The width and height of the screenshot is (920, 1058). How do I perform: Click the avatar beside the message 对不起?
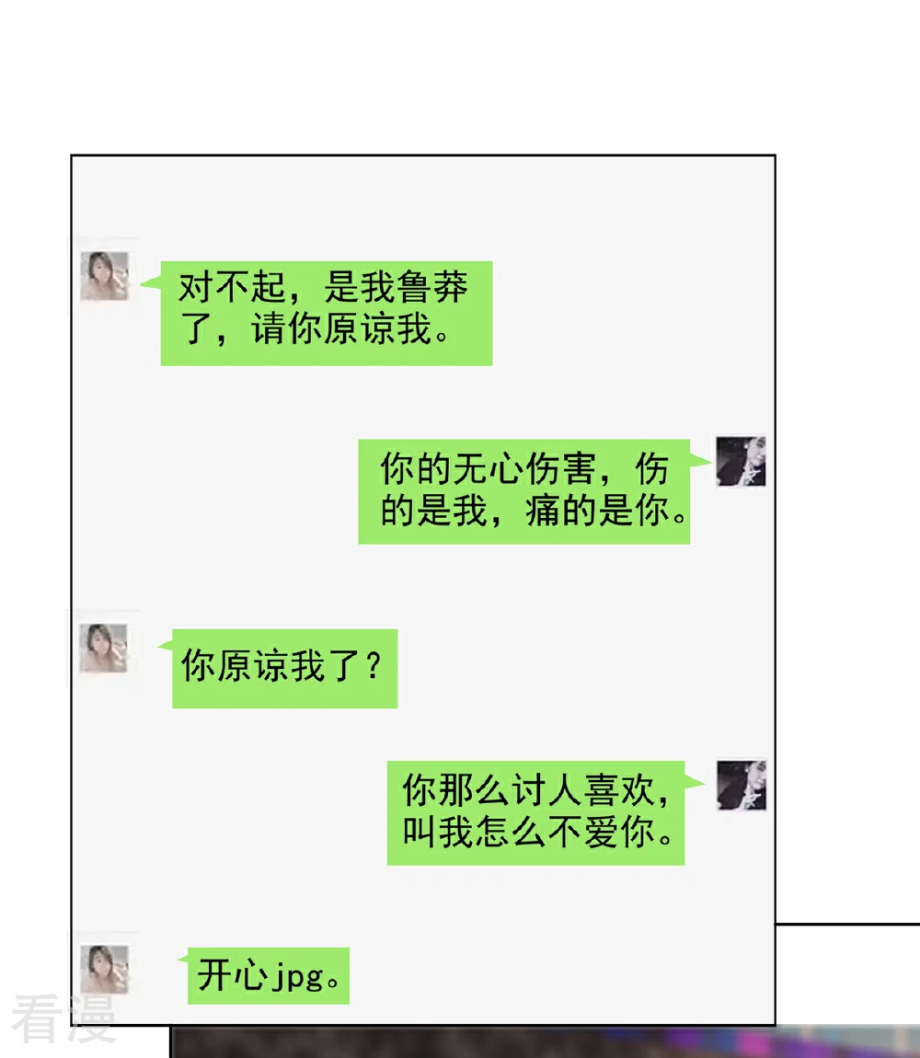click(105, 275)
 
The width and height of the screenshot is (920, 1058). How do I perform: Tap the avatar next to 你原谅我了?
click(103, 648)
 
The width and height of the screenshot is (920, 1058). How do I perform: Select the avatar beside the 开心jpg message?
click(104, 969)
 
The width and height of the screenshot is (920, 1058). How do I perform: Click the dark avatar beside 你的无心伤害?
click(741, 461)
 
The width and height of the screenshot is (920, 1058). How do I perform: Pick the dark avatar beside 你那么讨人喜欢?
click(742, 786)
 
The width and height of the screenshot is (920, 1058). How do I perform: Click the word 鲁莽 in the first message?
click(432, 287)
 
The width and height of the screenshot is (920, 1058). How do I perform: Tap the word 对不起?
click(232, 287)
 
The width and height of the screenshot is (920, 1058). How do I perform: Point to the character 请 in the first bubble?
click(269, 329)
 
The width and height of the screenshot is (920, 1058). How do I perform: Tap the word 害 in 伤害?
click(578, 468)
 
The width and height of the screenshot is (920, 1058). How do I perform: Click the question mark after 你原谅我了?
click(374, 667)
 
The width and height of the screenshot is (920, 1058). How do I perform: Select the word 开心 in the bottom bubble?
click(232, 976)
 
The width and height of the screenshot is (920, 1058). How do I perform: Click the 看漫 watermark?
click(63, 1018)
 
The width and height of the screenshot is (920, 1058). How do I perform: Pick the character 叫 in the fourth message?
click(420, 832)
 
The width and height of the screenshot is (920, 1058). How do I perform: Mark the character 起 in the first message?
click(268, 287)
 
